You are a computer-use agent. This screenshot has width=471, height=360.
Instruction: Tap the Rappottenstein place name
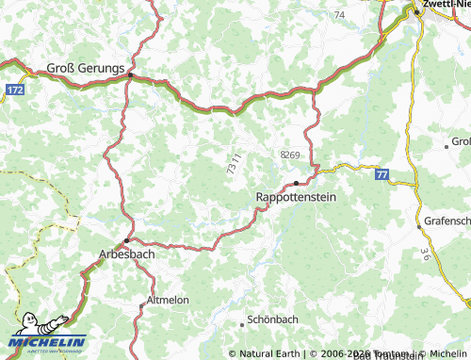point(296,198)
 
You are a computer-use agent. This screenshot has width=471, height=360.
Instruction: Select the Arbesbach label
point(126,254)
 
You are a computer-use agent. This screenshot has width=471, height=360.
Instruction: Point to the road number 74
point(339,16)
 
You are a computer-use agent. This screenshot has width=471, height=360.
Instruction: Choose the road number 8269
point(289,155)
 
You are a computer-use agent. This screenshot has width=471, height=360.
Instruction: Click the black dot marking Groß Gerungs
point(133,76)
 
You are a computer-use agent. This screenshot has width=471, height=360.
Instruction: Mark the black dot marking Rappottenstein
point(296,183)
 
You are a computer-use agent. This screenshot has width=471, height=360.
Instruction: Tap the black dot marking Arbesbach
point(126,240)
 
